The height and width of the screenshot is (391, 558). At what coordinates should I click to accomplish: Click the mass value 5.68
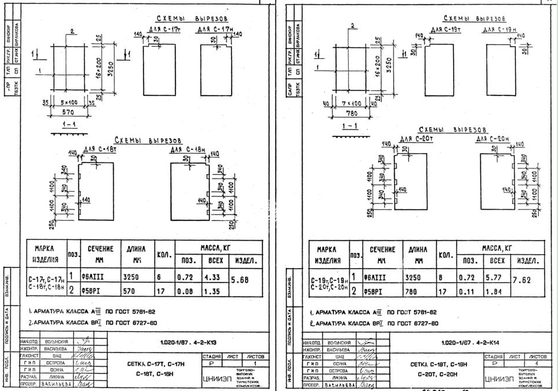pos(240,280)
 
